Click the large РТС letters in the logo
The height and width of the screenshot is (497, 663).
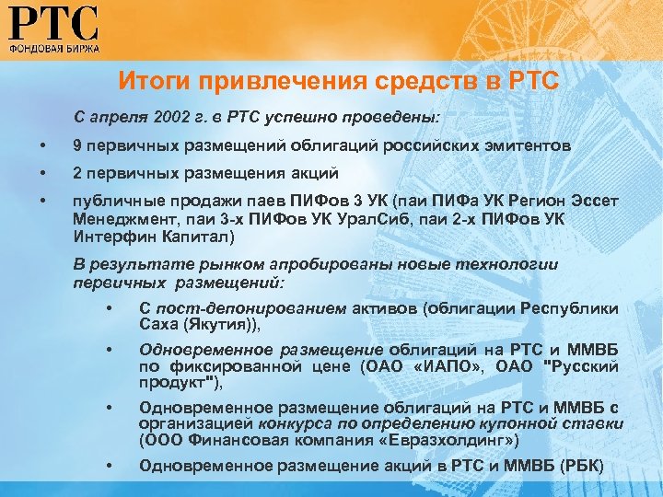coord(55,22)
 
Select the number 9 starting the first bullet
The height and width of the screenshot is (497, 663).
coord(78,145)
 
